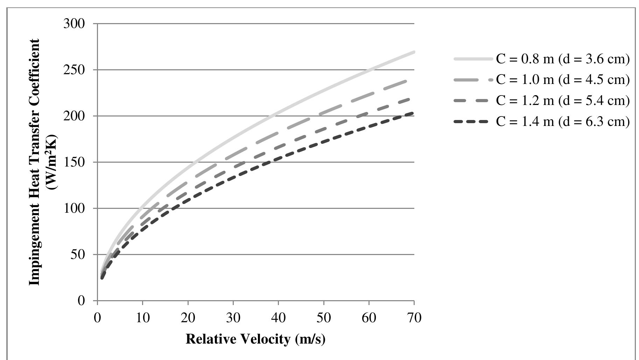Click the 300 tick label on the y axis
pyautogui.click(x=74, y=24)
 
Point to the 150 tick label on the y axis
pyautogui.click(x=74, y=162)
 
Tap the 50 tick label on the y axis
pyautogui.click(x=78, y=255)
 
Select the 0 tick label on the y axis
pyautogui.click(x=81, y=301)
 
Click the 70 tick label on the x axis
pyautogui.click(x=414, y=318)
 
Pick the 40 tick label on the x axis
pyautogui.click(x=278, y=318)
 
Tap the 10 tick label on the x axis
pyautogui.click(x=142, y=318)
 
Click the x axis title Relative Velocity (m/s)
pyautogui.click(x=255, y=339)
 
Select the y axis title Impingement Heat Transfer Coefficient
pyautogui.click(x=34, y=162)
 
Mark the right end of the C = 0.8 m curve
pyautogui.click(x=413, y=52)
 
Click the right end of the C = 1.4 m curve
pyautogui.click(x=413, y=113)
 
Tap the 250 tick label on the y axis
pyautogui.click(x=74, y=70)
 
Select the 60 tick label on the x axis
pyautogui.click(x=368, y=318)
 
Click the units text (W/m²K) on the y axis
pyautogui.click(x=53, y=162)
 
